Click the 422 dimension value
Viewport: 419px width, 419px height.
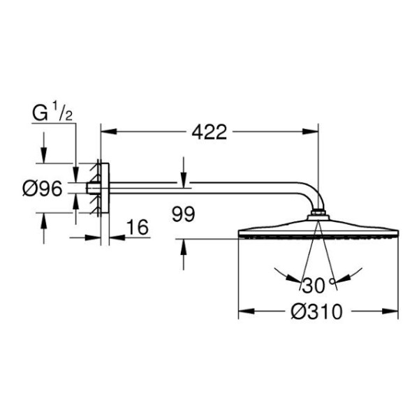pos(209,132)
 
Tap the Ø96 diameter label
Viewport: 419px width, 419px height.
pos(43,189)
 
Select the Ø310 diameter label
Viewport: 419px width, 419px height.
pos(316,311)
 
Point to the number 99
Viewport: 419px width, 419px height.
pos(183,214)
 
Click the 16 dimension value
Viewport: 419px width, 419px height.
pos(138,227)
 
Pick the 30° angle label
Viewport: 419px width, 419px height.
pos(318,285)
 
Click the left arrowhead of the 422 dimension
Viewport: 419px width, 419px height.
pos(109,131)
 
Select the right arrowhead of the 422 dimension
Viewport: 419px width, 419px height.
pos(310,131)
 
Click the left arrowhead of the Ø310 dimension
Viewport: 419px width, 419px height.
pos(246,311)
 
